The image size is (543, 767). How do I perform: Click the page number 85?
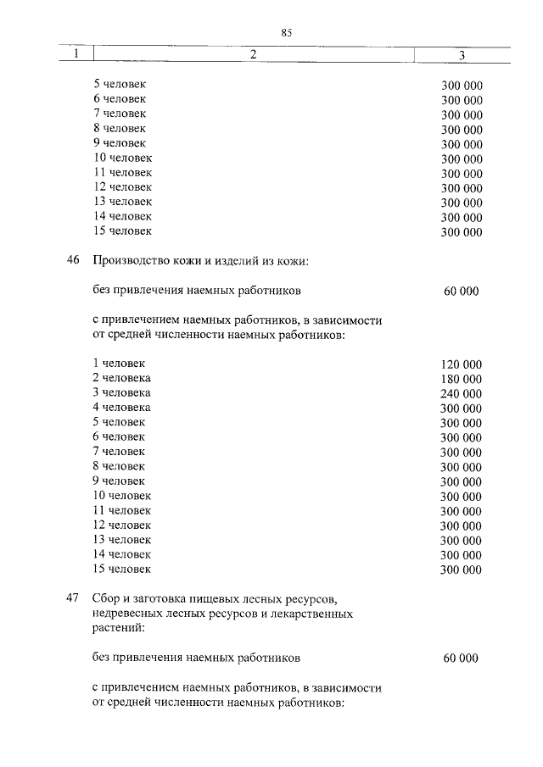click(286, 32)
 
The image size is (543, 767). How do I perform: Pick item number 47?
click(73, 598)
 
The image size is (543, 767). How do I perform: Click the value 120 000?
click(462, 364)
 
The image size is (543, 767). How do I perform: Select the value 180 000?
click(462, 379)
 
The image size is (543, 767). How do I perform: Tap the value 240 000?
click(462, 393)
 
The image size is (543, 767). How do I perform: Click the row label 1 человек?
click(119, 363)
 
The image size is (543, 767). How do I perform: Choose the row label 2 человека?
click(122, 378)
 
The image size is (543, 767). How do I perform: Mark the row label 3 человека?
click(122, 392)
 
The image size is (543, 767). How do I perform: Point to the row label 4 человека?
click(122, 407)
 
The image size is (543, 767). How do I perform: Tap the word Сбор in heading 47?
click(107, 598)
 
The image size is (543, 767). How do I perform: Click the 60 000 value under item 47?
click(461, 658)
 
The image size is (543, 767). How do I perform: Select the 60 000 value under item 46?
click(461, 291)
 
